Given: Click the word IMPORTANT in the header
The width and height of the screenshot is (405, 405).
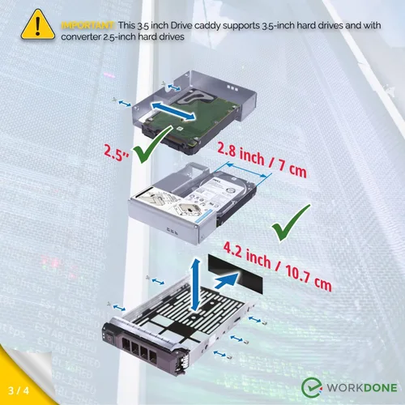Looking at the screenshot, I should click(87, 25).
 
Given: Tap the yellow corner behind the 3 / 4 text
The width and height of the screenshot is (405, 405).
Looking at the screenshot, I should click(11, 390).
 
